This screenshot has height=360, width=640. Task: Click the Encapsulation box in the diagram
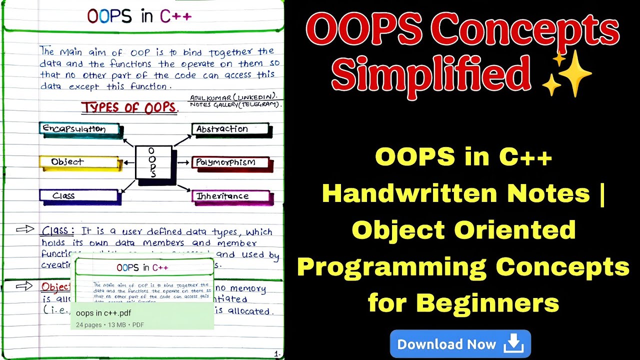80,129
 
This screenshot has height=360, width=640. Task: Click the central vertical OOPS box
153,162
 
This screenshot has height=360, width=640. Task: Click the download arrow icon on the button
513,344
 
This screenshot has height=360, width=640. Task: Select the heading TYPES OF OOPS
129,107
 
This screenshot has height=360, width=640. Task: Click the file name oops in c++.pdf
103,313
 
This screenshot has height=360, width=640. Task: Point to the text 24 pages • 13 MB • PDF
110,325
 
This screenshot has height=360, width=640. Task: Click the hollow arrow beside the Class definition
24,229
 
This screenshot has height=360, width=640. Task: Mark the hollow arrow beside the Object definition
24,286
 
